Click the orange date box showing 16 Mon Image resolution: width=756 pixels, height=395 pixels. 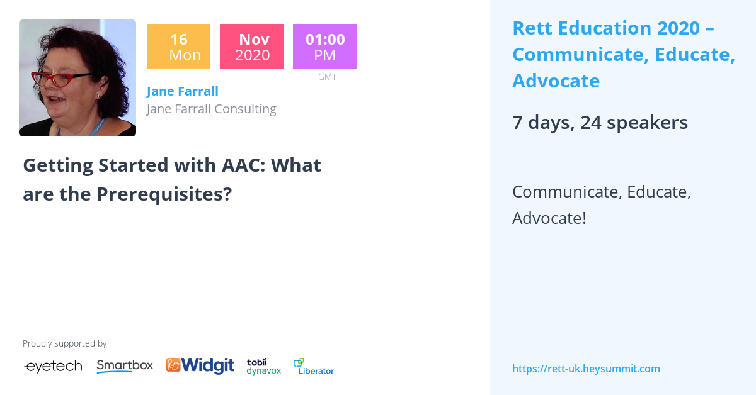click(178, 47)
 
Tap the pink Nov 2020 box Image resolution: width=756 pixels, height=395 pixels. click(251, 47)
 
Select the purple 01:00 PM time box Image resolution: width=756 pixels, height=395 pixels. click(324, 47)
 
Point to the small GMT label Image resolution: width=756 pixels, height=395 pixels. click(327, 77)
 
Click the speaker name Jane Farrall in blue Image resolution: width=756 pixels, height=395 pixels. click(182, 91)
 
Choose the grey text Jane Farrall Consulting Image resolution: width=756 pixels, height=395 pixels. click(211, 109)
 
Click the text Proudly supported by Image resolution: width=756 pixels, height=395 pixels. click(64, 343)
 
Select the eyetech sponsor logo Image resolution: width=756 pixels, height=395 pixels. click(53, 367)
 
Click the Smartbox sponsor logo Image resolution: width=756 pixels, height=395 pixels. click(125, 366)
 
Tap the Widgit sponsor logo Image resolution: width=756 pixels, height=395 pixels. click(200, 365)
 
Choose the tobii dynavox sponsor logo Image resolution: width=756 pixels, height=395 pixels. click(263, 366)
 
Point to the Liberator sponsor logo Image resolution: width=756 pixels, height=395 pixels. click(314, 367)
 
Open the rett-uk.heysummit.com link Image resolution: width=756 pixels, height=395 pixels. click(586, 369)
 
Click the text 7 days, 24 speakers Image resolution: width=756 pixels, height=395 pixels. click(600, 123)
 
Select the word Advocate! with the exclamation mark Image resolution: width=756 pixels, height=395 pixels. click(549, 218)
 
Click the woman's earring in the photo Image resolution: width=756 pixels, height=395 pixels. click(98, 94)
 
